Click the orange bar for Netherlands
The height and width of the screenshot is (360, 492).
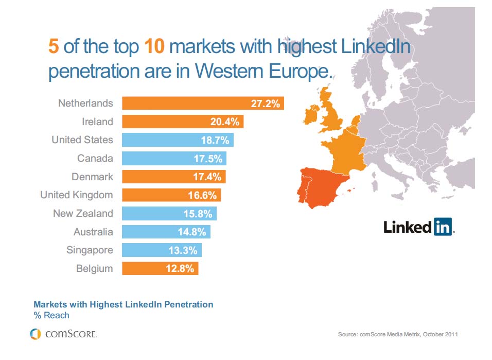(203, 103)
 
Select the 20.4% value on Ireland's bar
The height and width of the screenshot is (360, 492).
(225, 122)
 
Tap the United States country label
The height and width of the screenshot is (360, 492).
(82, 140)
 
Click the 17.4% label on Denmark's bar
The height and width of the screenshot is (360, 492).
(207, 177)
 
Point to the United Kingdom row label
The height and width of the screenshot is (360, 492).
(77, 195)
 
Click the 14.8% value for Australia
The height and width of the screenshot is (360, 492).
(191, 232)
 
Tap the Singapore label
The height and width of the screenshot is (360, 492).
(90, 250)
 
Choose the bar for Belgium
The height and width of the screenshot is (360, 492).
(160, 268)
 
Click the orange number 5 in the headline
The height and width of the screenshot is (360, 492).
(54, 47)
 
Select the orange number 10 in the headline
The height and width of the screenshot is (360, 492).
(153, 47)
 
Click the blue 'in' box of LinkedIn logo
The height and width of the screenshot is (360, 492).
(443, 226)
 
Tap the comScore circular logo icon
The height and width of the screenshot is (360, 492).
(35, 334)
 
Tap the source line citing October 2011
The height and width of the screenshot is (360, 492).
(397, 335)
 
